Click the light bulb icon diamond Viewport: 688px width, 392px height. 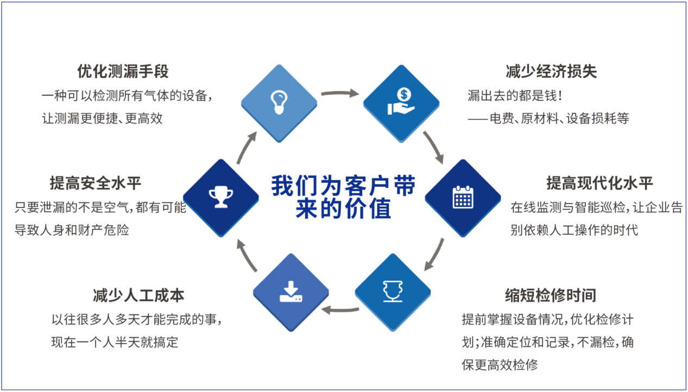click(279, 103)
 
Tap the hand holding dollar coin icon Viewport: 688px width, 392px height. click(401, 103)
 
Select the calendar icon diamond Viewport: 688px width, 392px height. click(462, 198)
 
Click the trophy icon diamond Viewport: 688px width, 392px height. click(221, 198)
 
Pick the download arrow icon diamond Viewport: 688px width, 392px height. click(291, 292)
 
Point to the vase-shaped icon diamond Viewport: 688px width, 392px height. click(393, 292)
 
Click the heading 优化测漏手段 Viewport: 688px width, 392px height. click(123, 71)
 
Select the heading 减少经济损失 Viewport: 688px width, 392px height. click(551, 71)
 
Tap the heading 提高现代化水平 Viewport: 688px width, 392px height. click(599, 183)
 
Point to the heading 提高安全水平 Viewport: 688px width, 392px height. click(96, 183)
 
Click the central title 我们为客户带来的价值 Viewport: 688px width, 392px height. click(343, 197)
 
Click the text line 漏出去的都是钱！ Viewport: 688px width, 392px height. click(515, 96)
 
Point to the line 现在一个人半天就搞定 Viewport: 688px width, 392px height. click(115, 343)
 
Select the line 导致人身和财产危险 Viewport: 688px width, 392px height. click(72, 230)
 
